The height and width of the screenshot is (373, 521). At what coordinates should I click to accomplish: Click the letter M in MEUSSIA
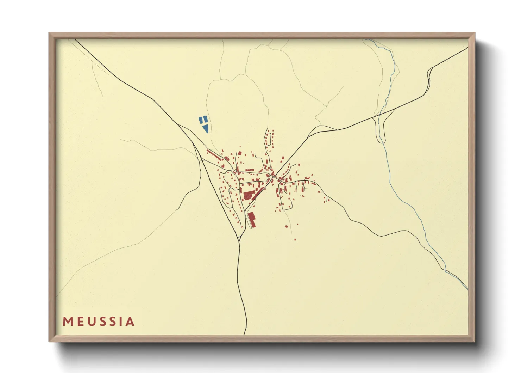[67, 322]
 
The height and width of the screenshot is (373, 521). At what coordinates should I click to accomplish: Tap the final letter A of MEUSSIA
[130, 322]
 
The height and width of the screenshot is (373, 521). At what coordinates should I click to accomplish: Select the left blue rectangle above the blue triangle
[200, 120]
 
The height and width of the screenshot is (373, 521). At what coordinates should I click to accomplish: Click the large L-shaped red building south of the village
[251, 219]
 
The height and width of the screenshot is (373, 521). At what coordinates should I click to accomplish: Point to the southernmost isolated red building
[295, 239]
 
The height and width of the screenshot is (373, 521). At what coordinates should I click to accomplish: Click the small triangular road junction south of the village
[239, 239]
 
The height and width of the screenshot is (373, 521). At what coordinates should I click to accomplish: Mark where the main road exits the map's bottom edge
[245, 334]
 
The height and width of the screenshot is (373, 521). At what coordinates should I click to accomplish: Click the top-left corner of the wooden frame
[50, 33]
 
